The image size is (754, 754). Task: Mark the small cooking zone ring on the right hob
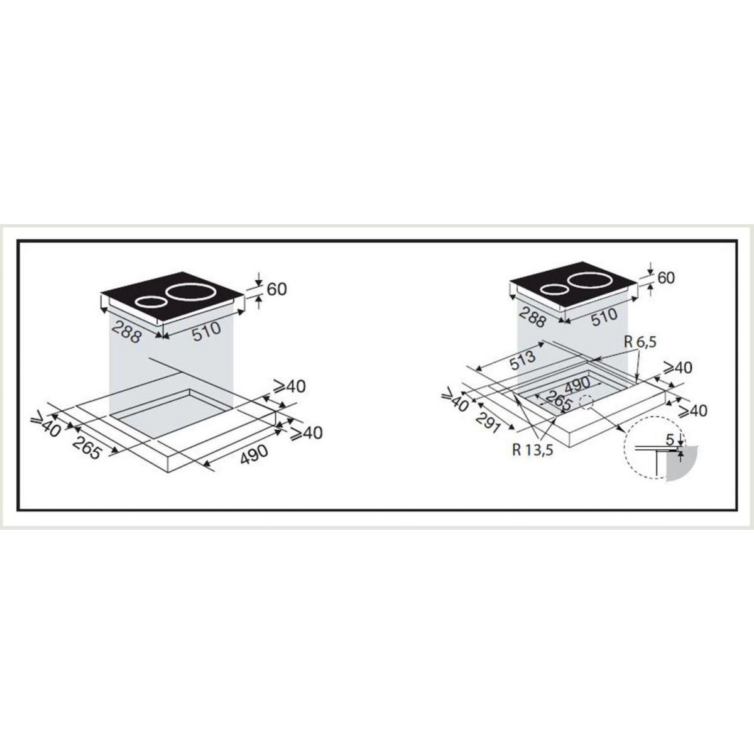tap(554, 290)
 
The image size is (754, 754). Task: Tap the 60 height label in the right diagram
tap(667, 277)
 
